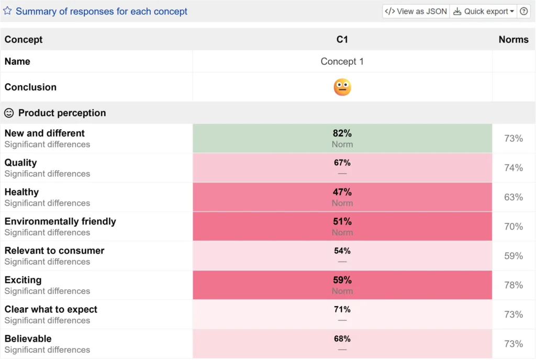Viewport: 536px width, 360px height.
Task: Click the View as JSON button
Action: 416,12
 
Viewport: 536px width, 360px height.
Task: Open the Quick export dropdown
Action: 483,12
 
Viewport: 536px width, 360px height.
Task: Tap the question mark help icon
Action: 524,12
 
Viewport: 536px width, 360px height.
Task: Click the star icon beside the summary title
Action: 7,11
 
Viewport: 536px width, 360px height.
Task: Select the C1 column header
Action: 342,39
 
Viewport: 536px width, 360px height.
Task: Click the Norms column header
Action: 513,39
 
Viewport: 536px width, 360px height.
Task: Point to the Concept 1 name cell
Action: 342,61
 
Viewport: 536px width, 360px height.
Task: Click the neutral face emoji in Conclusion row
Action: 342,87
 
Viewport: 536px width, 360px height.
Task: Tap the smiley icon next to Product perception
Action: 9,113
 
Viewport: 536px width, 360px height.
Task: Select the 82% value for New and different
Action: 342,133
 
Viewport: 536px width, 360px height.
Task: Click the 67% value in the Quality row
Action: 342,163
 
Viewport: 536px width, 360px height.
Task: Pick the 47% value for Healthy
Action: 342,192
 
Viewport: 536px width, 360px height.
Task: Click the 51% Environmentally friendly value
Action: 342,221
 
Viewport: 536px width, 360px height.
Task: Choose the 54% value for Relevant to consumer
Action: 342,251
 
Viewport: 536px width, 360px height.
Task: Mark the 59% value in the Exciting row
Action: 342,280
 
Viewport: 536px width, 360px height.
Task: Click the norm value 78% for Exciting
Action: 513,285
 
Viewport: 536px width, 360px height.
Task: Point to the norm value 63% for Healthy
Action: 513,197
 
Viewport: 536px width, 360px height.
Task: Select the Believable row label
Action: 28,339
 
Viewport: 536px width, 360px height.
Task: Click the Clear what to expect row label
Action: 51,309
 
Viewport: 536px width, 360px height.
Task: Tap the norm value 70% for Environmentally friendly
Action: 513,227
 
